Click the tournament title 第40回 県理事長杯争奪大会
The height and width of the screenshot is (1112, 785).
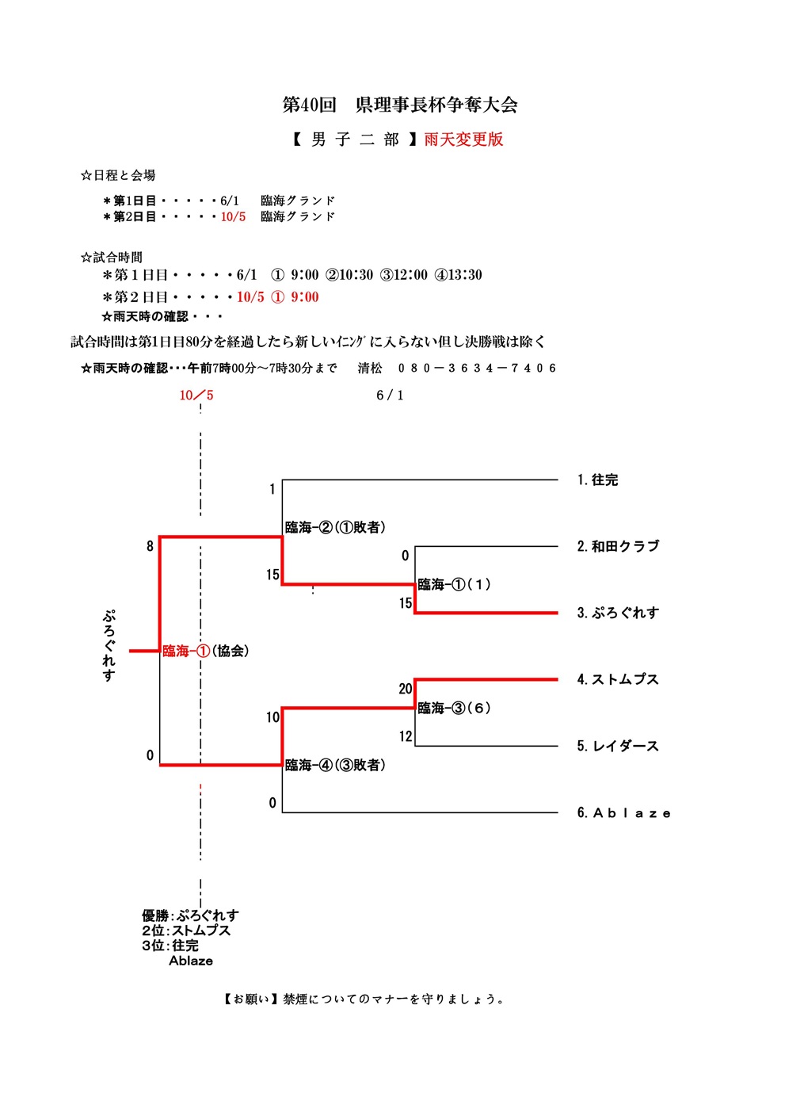point(400,105)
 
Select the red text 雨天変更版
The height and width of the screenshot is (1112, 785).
point(463,139)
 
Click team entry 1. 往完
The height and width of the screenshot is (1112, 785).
point(597,480)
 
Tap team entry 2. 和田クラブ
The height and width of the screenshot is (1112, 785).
point(618,546)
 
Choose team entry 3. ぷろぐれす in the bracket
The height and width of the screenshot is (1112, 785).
point(618,613)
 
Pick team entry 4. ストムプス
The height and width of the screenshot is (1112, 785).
point(618,679)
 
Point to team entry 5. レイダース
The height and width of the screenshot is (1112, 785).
point(618,746)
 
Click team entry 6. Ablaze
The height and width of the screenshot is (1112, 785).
point(623,813)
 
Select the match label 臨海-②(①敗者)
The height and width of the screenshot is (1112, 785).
point(335,527)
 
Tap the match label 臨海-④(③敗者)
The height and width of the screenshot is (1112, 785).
point(335,765)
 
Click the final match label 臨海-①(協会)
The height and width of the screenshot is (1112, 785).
point(206,651)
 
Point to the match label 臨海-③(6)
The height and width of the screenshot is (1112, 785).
point(454,708)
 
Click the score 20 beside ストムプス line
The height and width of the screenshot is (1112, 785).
point(406,689)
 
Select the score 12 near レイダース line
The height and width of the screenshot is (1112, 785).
point(406,736)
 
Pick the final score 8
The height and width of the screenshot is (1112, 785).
point(150,546)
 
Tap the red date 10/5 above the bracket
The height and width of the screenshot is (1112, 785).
point(196,395)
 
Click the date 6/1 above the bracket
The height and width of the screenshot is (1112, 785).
point(390,395)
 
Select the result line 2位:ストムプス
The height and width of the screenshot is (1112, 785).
point(186,930)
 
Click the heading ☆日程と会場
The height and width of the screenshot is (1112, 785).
point(118,175)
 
